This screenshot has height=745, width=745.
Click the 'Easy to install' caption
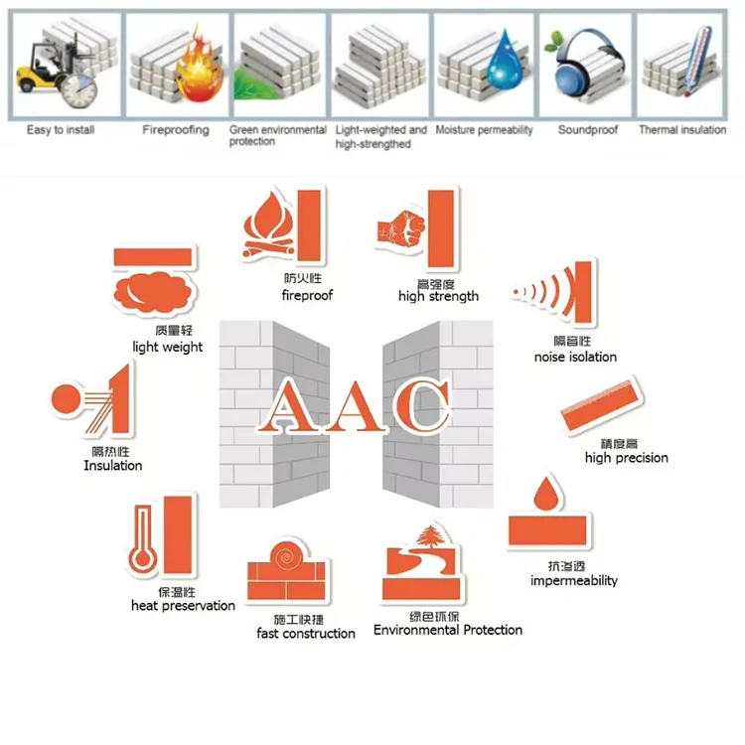(x=61, y=130)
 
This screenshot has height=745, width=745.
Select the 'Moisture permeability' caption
(x=484, y=130)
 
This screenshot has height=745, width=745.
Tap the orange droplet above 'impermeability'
(x=543, y=493)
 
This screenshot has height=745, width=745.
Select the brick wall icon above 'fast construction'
(x=287, y=570)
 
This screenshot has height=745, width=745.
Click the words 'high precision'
(x=626, y=458)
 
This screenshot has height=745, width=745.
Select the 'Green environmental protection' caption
(x=277, y=136)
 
